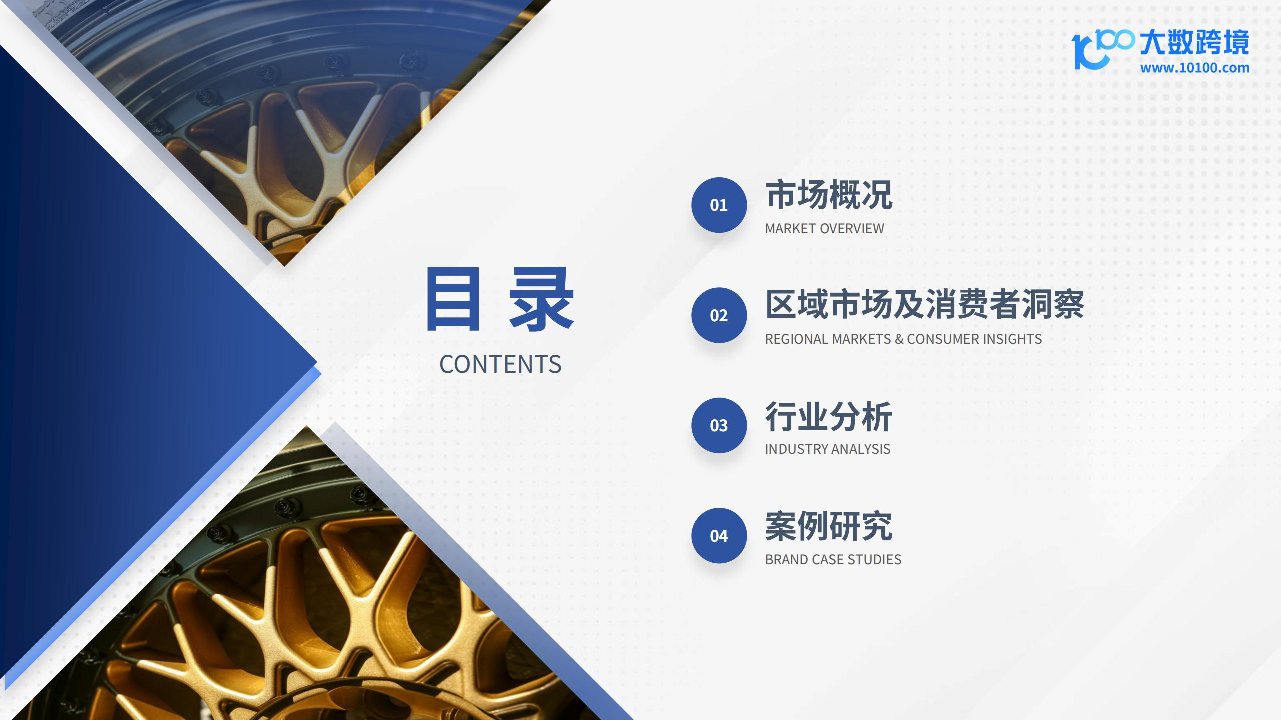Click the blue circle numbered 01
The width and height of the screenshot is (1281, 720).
click(x=719, y=205)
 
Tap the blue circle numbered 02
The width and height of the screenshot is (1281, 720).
click(x=719, y=315)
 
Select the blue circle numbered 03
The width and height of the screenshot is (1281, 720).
click(x=719, y=425)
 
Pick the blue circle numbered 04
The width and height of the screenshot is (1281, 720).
click(x=719, y=536)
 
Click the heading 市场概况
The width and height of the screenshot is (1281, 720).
click(x=829, y=195)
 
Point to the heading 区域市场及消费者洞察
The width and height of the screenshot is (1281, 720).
click(x=925, y=304)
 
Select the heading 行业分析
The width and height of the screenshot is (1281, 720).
click(x=829, y=416)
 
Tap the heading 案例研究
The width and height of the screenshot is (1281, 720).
click(x=829, y=526)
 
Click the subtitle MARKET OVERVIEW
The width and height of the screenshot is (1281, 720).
click(x=824, y=229)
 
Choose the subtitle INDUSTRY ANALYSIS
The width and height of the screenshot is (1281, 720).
click(x=827, y=449)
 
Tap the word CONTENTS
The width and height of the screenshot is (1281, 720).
click(x=500, y=364)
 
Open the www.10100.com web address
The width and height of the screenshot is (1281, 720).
click(x=1195, y=68)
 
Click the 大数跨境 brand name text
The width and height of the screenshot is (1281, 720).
click(x=1195, y=42)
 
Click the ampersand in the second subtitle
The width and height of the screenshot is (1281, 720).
click(x=899, y=339)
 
